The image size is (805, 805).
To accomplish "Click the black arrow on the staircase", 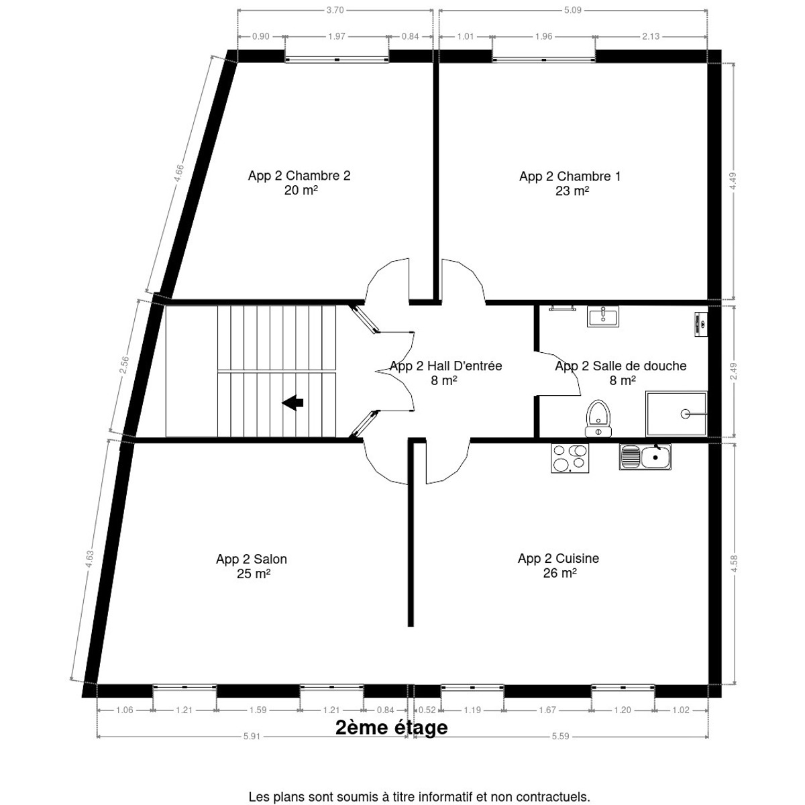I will pos(292,402).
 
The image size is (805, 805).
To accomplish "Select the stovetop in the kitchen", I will pos(570,458).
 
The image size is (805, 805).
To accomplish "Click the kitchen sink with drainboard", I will pos(645,457).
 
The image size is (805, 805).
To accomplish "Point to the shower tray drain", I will pos(686,414).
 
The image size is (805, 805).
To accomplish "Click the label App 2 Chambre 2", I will pos(299,176).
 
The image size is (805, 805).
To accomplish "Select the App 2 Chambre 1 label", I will pos(570,176).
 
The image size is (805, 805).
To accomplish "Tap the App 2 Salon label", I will pos(252,559).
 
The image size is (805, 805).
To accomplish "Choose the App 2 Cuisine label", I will pos(558,558).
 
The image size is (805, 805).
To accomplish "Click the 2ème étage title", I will pos(391,728).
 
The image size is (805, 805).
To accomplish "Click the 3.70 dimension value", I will pos(335,10).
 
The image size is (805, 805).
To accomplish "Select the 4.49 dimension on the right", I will pos(734,182).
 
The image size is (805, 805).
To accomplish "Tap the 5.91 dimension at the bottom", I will pos(252,736).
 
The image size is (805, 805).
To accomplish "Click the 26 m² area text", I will pos(560,574).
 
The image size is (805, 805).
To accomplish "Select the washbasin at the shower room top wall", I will pos(604,316).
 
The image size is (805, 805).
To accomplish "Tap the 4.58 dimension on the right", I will pos(735,562).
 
